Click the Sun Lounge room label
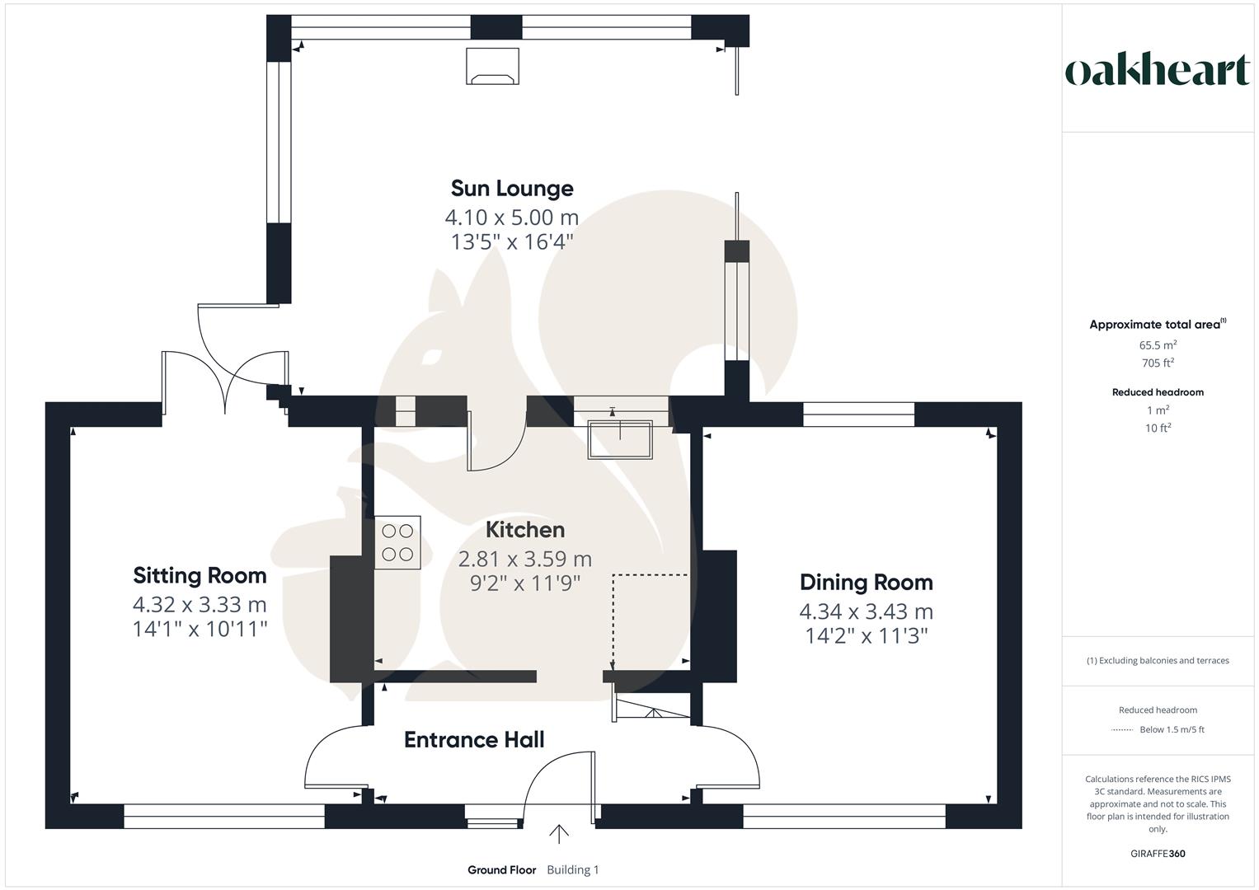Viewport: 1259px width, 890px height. tap(511, 189)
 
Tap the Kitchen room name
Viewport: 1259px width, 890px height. tap(524, 530)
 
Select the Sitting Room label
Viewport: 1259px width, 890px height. tap(200, 575)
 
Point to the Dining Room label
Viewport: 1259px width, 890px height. tap(866, 583)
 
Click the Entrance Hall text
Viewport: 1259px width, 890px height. tap(474, 740)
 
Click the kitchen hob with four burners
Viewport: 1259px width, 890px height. tap(397, 542)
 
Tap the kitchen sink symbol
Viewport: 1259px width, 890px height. tap(620, 439)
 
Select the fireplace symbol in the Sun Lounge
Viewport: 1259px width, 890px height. tap(492, 67)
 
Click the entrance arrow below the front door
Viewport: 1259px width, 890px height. tap(559, 834)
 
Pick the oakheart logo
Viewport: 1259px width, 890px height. tap(1157, 71)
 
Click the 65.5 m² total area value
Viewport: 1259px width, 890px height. tap(1158, 346)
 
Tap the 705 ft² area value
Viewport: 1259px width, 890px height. tap(1158, 363)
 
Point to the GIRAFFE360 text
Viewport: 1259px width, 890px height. tap(1158, 854)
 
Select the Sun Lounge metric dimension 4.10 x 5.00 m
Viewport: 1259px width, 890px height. tap(511, 218)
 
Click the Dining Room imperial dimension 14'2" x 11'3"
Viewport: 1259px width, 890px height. tap(866, 635)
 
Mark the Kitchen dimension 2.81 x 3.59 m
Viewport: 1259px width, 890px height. tap(524, 560)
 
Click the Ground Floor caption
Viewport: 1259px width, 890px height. tap(501, 870)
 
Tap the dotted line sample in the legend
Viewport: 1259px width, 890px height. tap(1122, 730)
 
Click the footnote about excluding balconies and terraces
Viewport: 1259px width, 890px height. tap(1158, 661)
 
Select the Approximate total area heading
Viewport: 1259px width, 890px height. tap(1154, 325)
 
